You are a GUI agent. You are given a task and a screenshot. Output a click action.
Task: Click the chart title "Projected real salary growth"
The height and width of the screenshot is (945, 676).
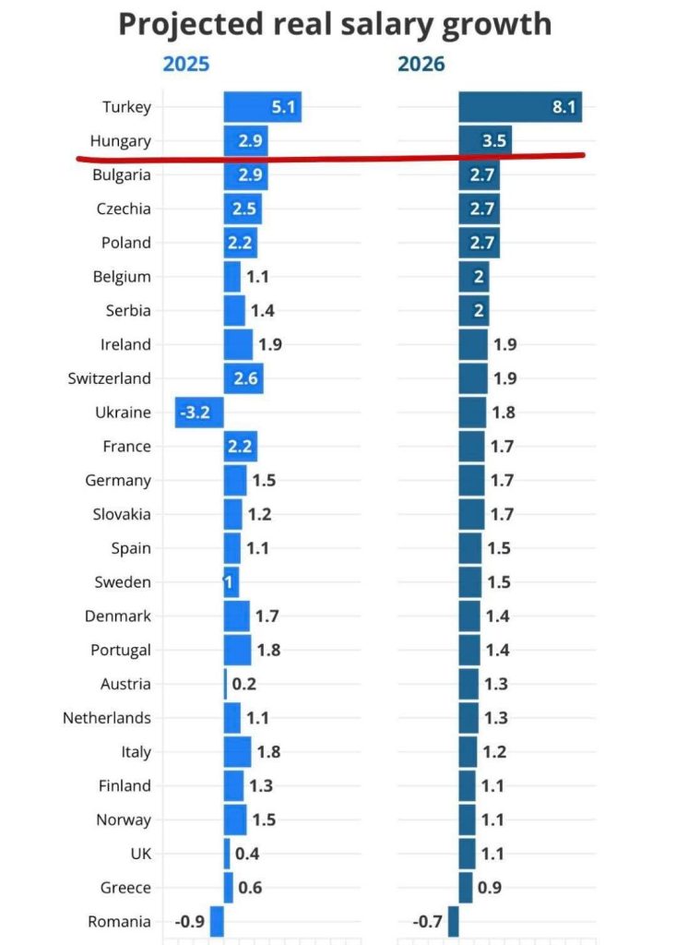pos(335,24)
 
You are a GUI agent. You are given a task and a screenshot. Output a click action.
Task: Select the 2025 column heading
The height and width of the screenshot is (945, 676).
pos(186,65)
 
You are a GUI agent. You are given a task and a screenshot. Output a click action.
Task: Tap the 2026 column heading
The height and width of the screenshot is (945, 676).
pos(421,65)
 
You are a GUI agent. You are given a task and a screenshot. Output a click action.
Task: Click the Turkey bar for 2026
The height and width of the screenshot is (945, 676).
pos(520,107)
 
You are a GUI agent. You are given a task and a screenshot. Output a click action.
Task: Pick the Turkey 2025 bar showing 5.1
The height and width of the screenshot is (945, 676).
pos(262,107)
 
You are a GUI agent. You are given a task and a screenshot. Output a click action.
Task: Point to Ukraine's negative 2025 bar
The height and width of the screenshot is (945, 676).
pos(199,413)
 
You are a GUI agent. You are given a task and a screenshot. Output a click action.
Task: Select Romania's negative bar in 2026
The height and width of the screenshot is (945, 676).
pos(453,921)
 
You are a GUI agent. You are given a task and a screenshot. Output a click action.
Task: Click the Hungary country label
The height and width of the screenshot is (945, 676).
pos(121,141)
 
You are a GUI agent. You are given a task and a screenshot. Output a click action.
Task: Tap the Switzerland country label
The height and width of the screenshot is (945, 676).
pos(110,378)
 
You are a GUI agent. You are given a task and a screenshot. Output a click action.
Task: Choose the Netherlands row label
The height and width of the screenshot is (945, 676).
pos(107,718)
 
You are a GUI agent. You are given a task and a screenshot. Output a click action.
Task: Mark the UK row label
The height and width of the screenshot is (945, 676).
pos(138,854)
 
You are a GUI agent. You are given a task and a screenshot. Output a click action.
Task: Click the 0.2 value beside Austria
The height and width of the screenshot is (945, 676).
pos(243,684)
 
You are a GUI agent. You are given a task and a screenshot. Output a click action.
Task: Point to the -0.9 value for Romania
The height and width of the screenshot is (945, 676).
pos(189,921)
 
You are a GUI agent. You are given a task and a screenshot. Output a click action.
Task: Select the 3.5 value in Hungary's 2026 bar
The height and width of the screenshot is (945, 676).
pos(495,141)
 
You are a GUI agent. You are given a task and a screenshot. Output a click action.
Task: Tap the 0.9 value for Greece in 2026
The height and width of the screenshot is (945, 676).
pos(490,888)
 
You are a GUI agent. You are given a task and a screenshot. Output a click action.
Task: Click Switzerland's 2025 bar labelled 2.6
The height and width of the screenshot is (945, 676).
pos(243,378)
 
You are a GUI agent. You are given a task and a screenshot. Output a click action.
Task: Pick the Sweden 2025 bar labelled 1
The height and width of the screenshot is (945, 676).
pos(231,582)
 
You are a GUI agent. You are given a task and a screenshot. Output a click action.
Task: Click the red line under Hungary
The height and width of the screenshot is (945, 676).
pos(332,159)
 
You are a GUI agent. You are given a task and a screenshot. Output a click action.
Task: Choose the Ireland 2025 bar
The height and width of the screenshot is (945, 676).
pos(238,344)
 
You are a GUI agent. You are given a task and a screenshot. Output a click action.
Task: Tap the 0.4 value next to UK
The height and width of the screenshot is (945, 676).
pos(247,854)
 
